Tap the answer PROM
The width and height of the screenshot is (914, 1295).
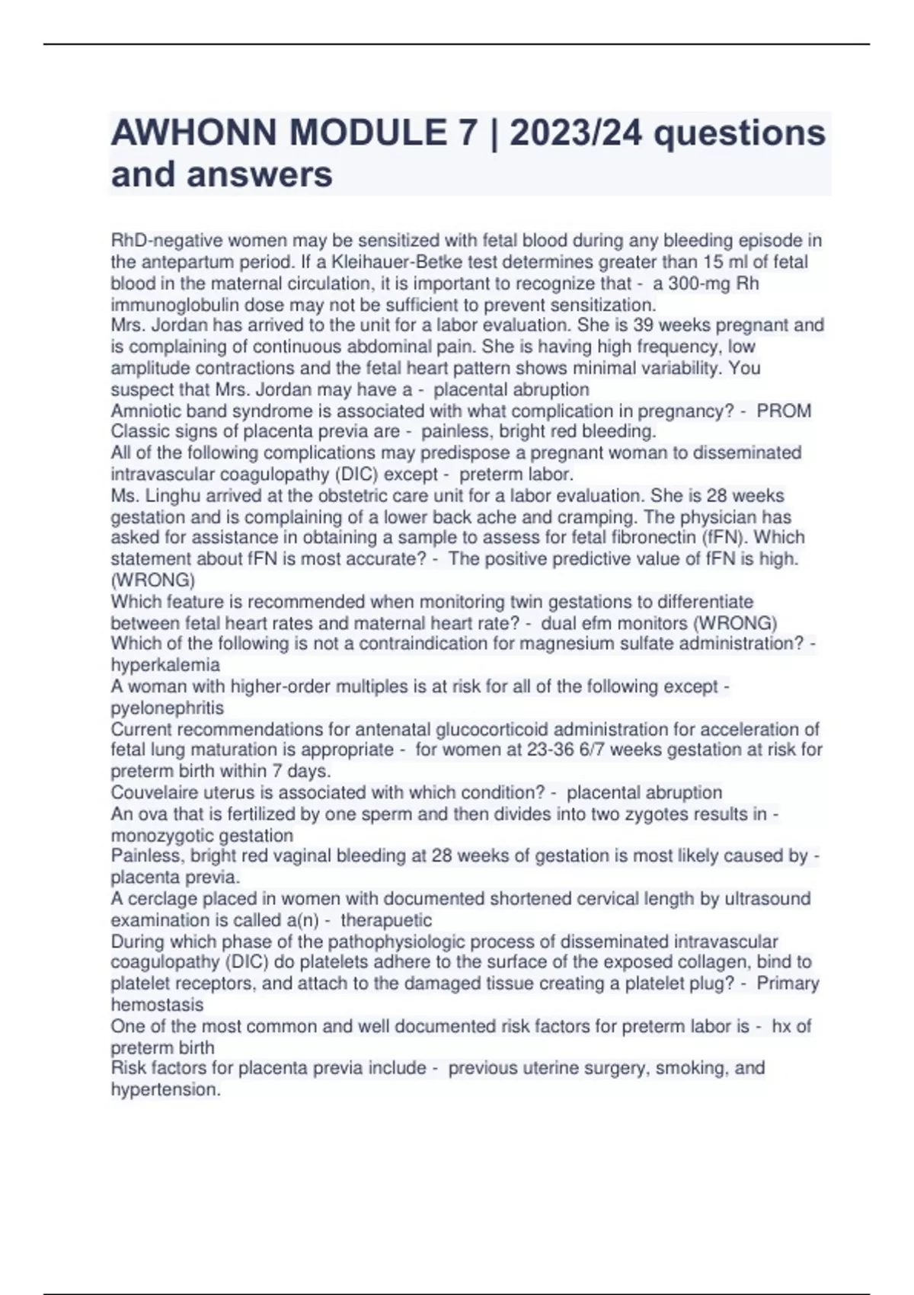784,411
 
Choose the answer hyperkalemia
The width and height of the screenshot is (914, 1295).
165,664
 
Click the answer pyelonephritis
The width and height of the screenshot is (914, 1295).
168,708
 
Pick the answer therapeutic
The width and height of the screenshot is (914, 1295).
386,920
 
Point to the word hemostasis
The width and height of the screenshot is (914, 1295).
157,1005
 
